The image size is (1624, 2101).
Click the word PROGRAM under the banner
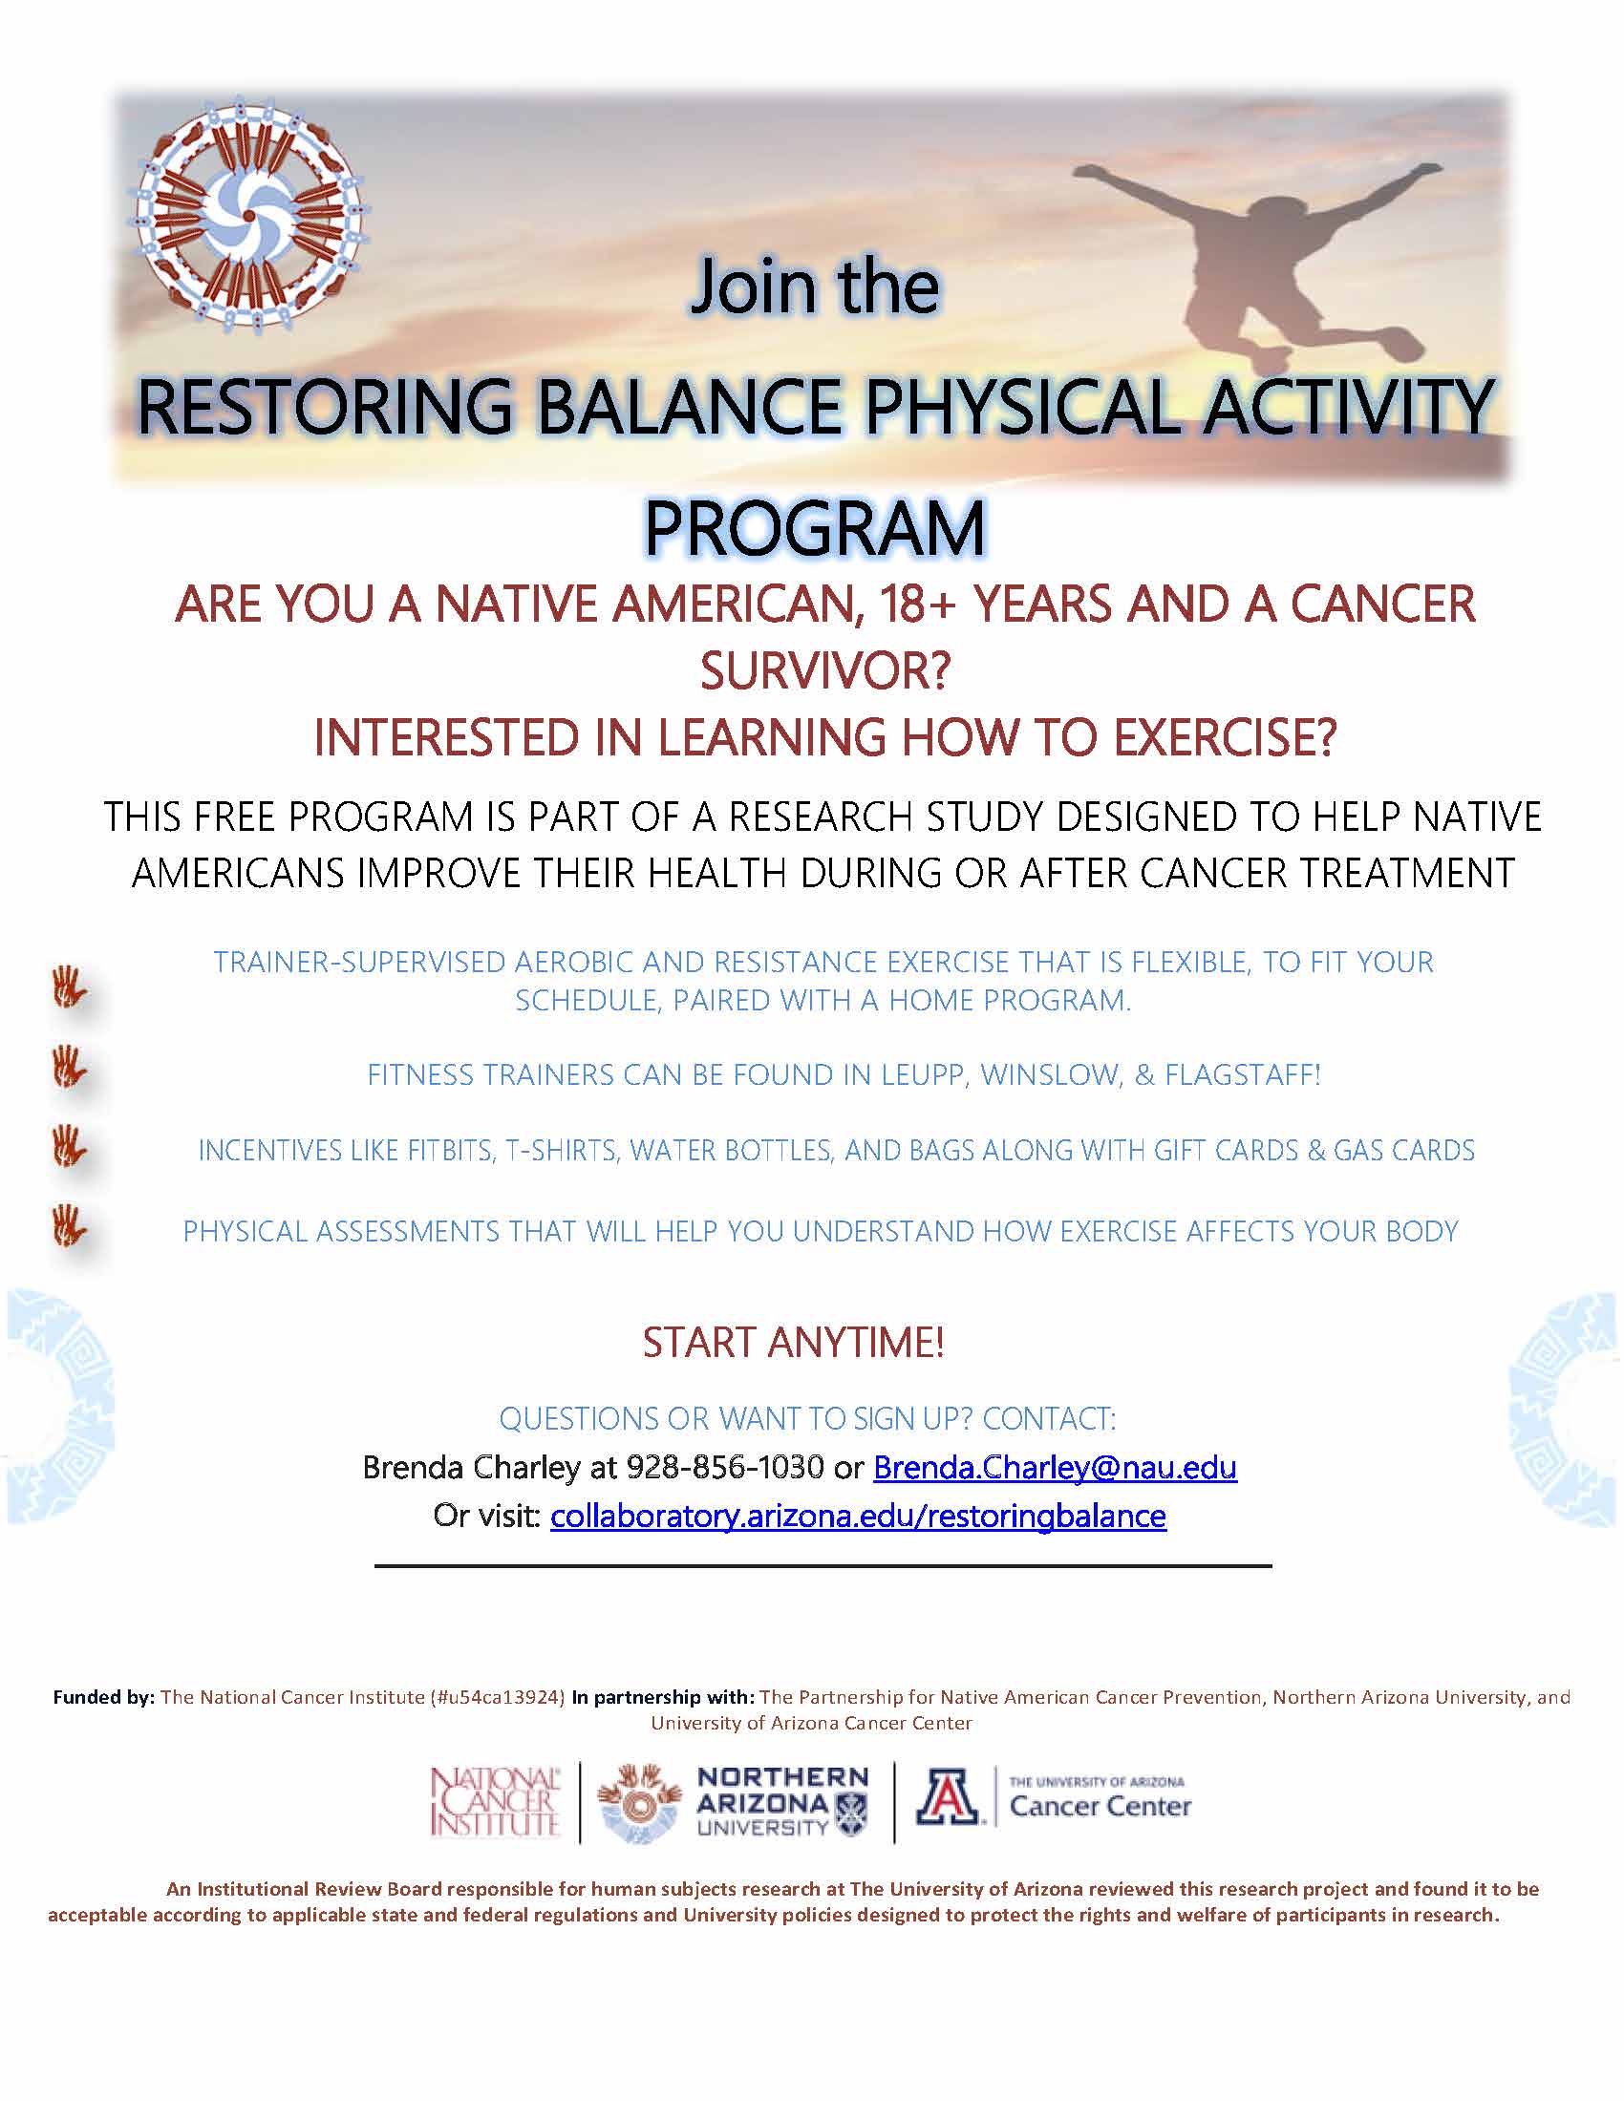tap(815, 528)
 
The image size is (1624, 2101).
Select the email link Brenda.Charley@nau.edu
tap(1055, 1467)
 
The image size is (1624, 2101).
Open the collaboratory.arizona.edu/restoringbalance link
tap(858, 1517)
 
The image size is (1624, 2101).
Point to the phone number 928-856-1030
tap(724, 1467)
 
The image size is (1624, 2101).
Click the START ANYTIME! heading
tap(794, 1342)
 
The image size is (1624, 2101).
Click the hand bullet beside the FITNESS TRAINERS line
tap(71, 1068)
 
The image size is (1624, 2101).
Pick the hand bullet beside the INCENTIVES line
tap(71, 1147)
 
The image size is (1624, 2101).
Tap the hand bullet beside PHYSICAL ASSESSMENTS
tap(71, 1226)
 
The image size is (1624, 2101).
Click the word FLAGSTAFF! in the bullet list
tap(1243, 1074)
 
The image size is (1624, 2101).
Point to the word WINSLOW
tap(1050, 1074)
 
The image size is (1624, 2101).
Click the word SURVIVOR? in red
tap(824, 671)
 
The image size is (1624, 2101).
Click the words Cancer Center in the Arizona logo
tap(1100, 1807)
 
